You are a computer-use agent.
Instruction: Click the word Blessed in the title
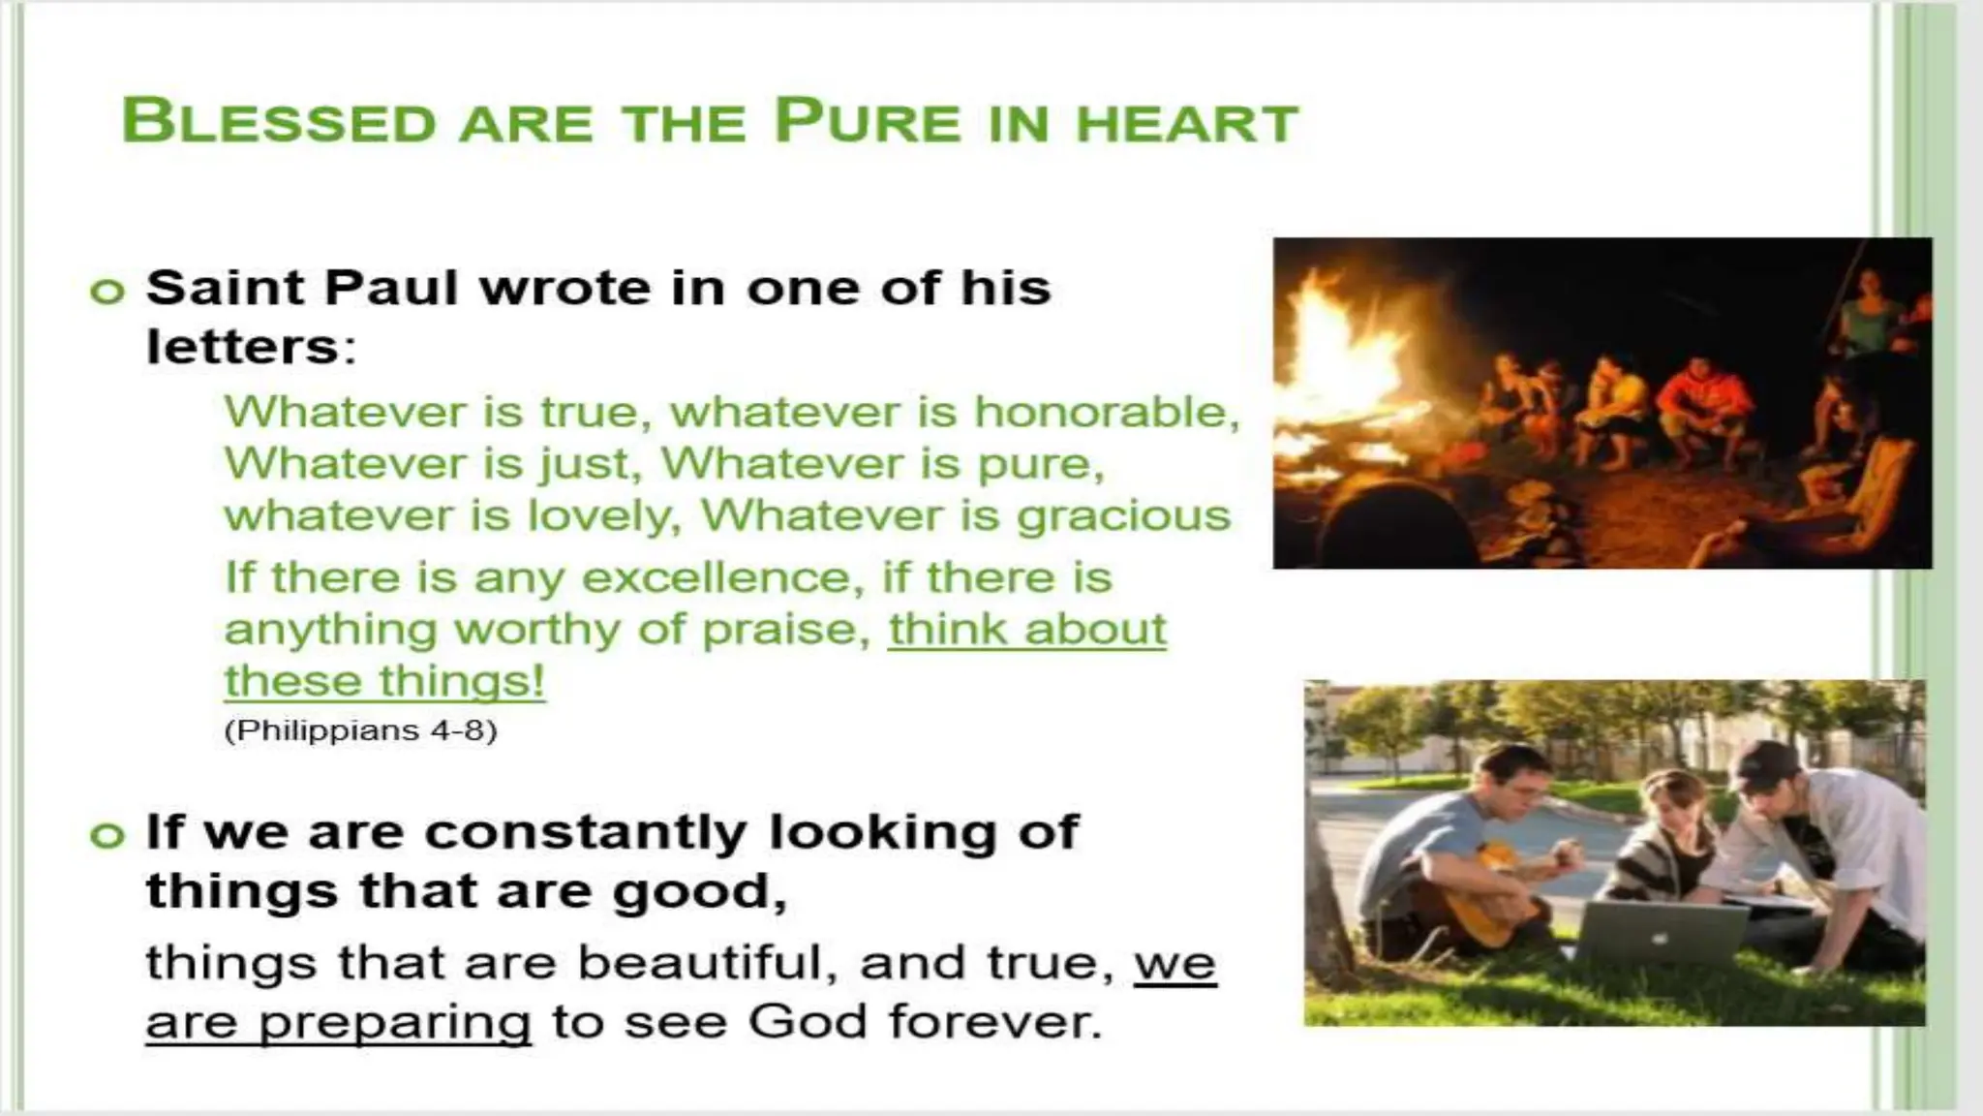point(279,122)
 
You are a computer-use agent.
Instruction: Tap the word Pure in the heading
point(868,122)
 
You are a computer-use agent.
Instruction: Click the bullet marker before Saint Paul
point(107,291)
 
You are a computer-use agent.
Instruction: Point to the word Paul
point(390,288)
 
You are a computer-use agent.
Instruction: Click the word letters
point(242,347)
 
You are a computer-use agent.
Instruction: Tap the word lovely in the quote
point(597,515)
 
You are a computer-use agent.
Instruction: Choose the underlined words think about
point(1027,630)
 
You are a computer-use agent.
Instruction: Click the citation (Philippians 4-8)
point(360,730)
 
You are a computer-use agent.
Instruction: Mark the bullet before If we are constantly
point(107,834)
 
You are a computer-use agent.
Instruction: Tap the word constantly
point(586,833)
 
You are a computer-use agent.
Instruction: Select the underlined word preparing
point(395,1023)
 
